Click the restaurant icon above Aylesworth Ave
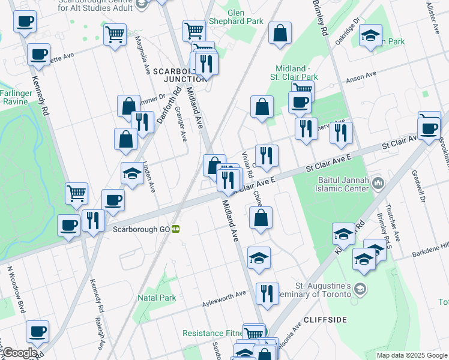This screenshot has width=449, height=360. coord(267,293)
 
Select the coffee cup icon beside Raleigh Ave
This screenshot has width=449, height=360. coord(37,331)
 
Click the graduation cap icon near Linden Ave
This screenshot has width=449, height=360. coord(132,173)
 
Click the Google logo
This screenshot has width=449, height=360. coord(20,353)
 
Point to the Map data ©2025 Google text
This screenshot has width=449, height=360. coord(411,355)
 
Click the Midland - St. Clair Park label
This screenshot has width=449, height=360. coord(297,73)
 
